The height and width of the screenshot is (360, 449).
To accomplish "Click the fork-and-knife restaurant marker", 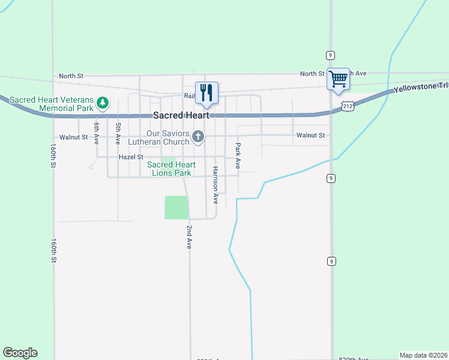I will [x=206, y=92].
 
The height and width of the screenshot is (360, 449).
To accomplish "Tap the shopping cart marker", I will [x=338, y=79].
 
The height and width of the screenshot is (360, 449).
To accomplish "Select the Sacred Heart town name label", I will [x=181, y=115].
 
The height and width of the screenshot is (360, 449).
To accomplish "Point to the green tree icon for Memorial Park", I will [x=103, y=103].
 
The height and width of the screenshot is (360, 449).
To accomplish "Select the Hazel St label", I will [x=131, y=157].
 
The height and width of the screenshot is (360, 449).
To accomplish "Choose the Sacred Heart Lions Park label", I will [x=171, y=169].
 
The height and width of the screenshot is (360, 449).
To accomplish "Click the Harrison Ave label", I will [x=215, y=185].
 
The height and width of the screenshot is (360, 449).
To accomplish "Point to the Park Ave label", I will [x=238, y=155].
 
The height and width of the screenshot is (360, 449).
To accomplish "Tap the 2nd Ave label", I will [x=188, y=238].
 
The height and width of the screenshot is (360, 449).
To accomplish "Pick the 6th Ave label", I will [x=95, y=133].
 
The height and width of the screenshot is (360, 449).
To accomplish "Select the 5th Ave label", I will [x=118, y=133].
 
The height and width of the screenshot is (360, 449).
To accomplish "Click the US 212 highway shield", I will [x=348, y=106].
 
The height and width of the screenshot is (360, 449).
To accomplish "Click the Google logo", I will [x=20, y=353].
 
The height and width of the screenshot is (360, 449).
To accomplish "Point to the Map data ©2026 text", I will [x=423, y=355].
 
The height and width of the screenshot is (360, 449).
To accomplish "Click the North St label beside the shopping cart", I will [x=312, y=73].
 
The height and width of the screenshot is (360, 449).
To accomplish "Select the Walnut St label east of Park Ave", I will [x=310, y=136].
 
